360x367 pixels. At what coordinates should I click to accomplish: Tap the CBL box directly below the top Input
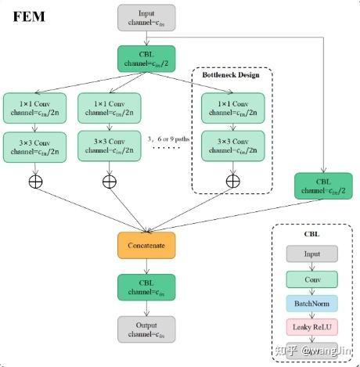[147, 59]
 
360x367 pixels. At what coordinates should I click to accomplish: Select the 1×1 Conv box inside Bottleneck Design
[232, 107]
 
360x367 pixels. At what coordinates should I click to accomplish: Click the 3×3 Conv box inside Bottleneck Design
[232, 146]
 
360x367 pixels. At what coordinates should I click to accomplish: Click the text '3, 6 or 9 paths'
[168, 139]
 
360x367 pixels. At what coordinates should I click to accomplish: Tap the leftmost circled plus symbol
[34, 182]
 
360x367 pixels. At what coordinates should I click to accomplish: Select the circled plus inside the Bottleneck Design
[232, 182]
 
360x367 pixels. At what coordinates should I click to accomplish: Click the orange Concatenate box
[147, 245]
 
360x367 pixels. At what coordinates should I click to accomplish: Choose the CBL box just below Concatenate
[147, 286]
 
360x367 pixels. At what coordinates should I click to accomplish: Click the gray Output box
[147, 329]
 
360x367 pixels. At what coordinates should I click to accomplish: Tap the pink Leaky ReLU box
[311, 328]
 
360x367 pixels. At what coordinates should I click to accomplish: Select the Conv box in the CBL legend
[311, 279]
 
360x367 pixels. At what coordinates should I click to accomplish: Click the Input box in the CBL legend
[311, 254]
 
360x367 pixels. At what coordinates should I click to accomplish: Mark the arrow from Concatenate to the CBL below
[147, 265]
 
